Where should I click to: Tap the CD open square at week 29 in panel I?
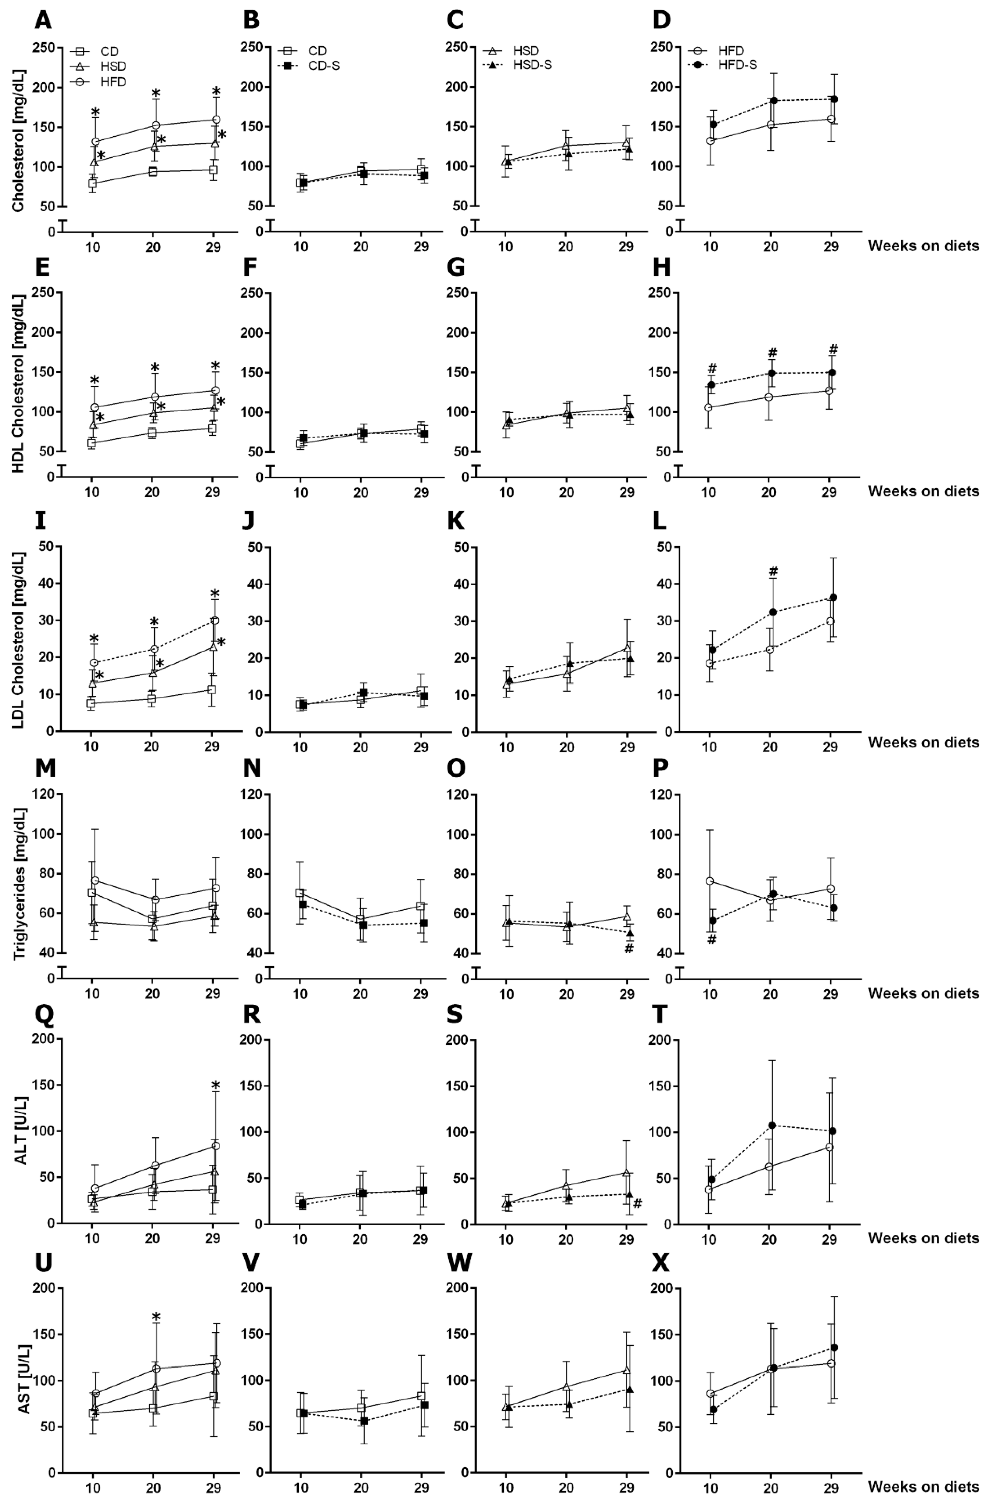click(x=212, y=690)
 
